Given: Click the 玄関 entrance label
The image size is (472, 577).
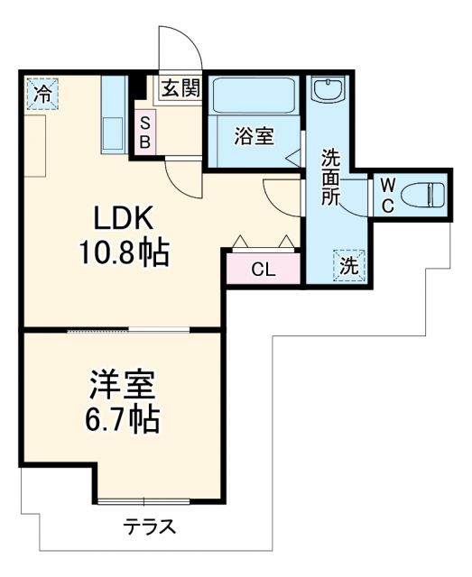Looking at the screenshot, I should click(181, 87).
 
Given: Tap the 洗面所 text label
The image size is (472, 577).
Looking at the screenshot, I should click(331, 175).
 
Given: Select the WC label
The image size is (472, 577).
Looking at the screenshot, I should click(386, 194).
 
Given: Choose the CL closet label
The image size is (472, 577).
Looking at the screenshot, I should click(263, 269).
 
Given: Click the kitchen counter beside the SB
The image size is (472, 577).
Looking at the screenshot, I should click(114, 115).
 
